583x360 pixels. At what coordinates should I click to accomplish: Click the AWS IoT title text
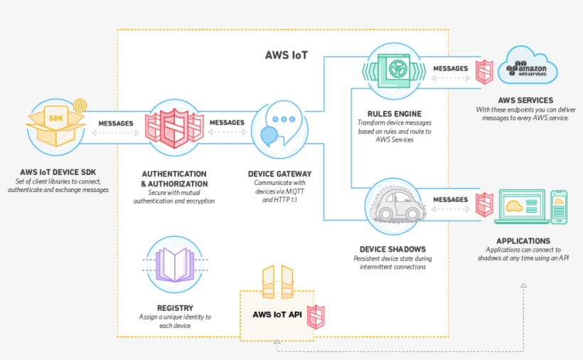point(286,54)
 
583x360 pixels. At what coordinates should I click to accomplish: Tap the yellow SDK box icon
point(55,124)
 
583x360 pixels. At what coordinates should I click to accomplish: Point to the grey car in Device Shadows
point(397,206)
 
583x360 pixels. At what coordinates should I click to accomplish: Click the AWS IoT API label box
point(275,314)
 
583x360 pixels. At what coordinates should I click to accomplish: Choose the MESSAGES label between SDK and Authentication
point(115,123)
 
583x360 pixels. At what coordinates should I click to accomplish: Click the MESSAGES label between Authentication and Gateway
point(227,123)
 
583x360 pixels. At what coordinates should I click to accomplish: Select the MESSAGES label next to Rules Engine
point(451,69)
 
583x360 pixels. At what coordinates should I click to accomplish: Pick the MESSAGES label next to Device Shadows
point(451,200)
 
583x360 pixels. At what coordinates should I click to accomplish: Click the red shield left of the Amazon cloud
point(484,70)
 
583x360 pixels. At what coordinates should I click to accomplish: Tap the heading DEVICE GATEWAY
point(279,174)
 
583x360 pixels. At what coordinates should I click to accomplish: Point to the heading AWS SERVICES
point(526,100)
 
